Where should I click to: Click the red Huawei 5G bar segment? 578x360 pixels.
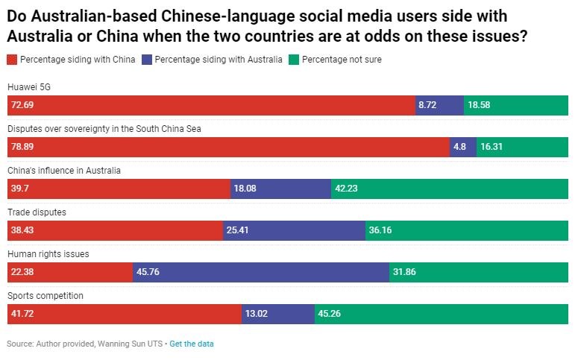point(211,106)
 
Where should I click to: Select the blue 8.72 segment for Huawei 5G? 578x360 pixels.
point(439,106)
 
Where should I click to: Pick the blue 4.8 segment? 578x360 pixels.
point(462,147)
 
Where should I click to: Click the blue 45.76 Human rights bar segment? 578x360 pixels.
point(261,272)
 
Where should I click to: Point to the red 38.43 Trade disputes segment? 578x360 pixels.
point(115,230)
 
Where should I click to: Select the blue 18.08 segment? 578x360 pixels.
point(280,189)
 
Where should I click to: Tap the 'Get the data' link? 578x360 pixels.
point(192,344)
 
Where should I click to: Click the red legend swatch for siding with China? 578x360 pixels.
point(12,60)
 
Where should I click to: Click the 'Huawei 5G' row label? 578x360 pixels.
point(28,87)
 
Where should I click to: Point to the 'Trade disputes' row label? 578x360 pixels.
point(37,212)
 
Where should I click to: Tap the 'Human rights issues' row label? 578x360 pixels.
point(48,254)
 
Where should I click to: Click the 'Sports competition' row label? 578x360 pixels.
point(45,296)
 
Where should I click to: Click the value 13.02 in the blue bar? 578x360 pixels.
point(257,314)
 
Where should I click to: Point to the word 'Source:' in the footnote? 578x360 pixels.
point(20,344)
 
